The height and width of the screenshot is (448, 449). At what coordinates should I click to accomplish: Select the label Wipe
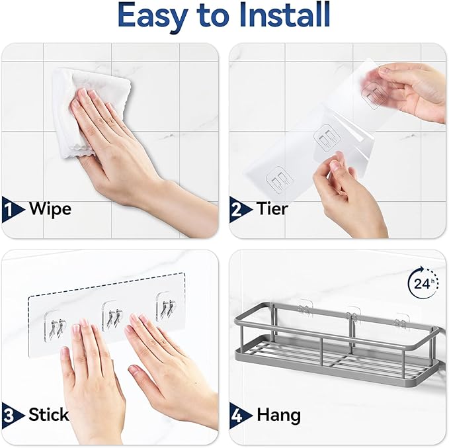(50, 209)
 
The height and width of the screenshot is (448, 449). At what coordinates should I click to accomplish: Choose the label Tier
(272, 209)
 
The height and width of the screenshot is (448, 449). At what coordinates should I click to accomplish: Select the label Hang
(278, 416)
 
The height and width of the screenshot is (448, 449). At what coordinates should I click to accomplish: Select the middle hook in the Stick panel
(112, 315)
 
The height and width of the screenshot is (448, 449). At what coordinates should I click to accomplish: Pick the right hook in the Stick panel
(165, 308)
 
